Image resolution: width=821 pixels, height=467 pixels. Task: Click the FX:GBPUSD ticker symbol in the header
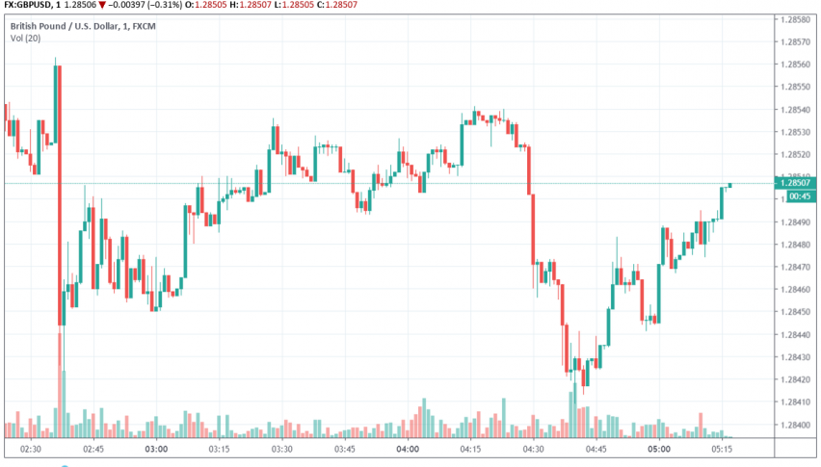pyautogui.click(x=26, y=6)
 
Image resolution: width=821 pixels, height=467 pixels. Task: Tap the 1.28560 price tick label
pyautogui.click(x=796, y=65)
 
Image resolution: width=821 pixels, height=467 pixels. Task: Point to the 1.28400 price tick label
pyautogui.click(x=796, y=425)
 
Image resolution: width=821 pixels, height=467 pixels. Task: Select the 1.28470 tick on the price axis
pyautogui.click(x=796, y=267)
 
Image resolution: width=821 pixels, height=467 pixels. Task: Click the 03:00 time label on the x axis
pyautogui.click(x=156, y=449)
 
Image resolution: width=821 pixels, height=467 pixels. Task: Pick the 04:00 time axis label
pyautogui.click(x=407, y=449)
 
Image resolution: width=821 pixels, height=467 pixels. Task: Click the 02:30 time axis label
pyautogui.click(x=30, y=449)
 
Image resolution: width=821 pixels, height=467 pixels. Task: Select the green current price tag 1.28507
pyautogui.click(x=798, y=182)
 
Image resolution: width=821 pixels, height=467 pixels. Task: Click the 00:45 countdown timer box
pyautogui.click(x=798, y=196)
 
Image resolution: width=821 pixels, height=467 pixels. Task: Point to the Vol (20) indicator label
pyautogui.click(x=25, y=38)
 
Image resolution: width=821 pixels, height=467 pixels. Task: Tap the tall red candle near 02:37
pyautogui.click(x=60, y=193)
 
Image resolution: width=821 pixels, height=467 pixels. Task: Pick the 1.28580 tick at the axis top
pyautogui.click(x=796, y=19)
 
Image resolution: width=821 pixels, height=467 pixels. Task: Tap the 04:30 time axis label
pyautogui.click(x=532, y=449)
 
